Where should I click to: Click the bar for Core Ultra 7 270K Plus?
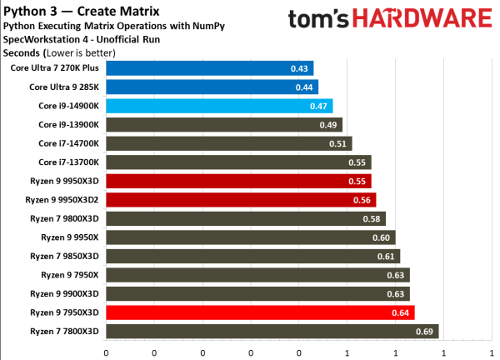[x=208, y=68]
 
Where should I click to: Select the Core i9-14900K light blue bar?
[x=218, y=106]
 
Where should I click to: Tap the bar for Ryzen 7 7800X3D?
[x=272, y=332]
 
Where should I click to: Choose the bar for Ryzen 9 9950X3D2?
[x=241, y=200]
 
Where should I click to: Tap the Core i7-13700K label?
[x=69, y=162]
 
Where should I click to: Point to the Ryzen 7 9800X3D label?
[x=66, y=218]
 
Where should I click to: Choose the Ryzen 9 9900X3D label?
[x=66, y=293]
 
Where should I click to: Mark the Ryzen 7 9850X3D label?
[x=66, y=256]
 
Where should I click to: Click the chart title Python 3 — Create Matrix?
[x=73, y=10]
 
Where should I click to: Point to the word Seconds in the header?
[x=21, y=53]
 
